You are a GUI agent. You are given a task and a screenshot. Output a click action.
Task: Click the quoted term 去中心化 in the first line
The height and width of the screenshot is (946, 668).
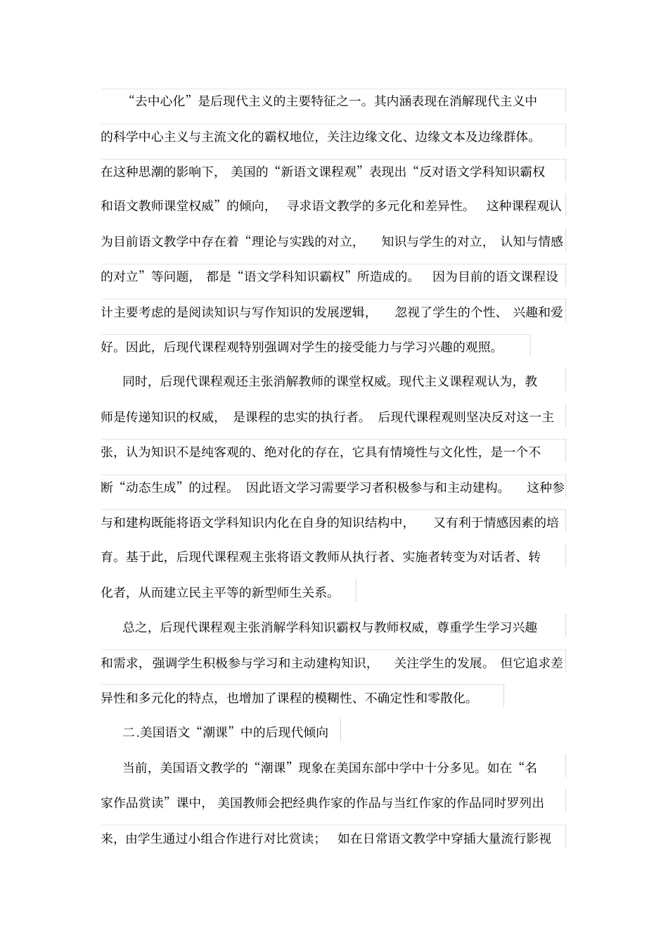click(160, 101)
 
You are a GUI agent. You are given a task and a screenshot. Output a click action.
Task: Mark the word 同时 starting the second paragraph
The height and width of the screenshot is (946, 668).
click(136, 382)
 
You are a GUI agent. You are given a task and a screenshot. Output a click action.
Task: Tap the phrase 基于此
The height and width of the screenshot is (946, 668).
click(144, 557)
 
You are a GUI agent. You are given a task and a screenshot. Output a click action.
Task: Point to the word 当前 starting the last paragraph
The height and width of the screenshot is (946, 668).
click(136, 767)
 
